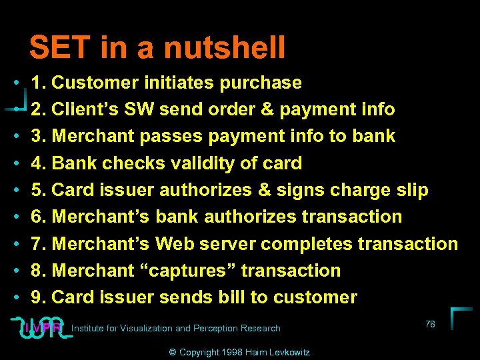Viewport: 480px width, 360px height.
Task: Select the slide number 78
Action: [430, 324]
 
